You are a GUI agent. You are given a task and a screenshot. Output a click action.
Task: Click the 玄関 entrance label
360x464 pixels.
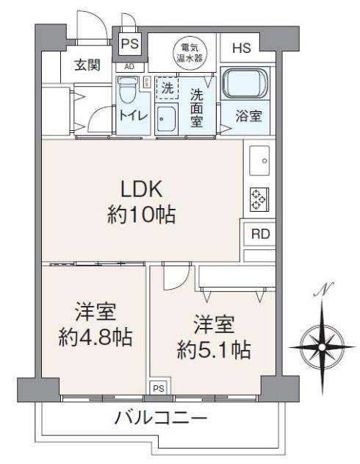pos(87,65)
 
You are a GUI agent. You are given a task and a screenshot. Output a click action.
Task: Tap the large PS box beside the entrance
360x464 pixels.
pos(130,44)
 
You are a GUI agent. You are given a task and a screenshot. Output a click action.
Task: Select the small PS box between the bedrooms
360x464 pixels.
pos(159,388)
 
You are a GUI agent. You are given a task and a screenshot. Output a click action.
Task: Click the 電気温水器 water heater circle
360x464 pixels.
pos(190,52)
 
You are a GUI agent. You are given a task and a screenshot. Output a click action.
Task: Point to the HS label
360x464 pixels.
pos(242,48)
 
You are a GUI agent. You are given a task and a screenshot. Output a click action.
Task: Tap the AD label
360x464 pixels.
pos(129,67)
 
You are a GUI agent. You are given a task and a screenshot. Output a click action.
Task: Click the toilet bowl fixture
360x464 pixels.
pos(128,90)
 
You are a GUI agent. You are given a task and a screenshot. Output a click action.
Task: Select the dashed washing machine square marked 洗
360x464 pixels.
pos(167,88)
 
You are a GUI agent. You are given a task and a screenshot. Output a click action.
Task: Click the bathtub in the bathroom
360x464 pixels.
pos(245,83)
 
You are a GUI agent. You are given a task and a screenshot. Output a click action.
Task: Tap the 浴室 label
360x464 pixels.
pos(248,116)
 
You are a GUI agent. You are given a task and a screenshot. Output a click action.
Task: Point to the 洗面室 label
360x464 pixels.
pos(196,107)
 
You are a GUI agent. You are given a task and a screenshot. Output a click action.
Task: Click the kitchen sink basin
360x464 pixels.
pos(259,161)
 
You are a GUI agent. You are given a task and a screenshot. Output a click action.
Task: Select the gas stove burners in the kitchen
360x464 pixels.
pos(259,200)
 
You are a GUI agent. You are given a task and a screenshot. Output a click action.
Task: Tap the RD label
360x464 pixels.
pos(260,234)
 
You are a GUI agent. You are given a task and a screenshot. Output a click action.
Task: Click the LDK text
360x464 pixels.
pos(141,189)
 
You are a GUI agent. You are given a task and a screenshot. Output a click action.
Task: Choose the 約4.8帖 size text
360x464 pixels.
pos(95,338)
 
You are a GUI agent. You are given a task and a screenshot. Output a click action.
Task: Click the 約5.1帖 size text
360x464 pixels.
pos(214,350)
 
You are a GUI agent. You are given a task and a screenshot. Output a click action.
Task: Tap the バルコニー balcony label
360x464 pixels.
pos(161,418)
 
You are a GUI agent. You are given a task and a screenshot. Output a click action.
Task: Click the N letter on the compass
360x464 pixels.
pos(324,289)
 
